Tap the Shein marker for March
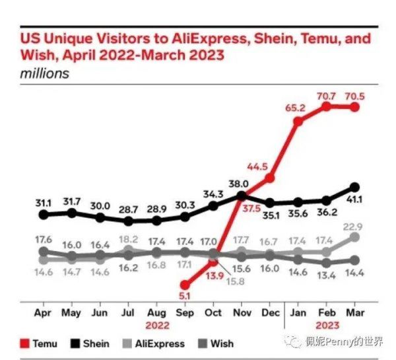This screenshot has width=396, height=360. click(355, 187)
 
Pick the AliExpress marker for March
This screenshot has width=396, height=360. click(355, 236)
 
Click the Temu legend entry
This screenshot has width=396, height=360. click(40, 343)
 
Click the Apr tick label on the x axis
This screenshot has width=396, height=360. click(44, 312)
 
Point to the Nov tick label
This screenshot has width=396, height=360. click(242, 312)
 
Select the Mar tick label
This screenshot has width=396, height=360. click(355, 312)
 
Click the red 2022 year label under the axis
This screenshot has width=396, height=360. click(157, 325)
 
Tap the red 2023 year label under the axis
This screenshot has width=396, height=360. click(327, 325)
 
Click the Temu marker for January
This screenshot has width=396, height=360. click(298, 121)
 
